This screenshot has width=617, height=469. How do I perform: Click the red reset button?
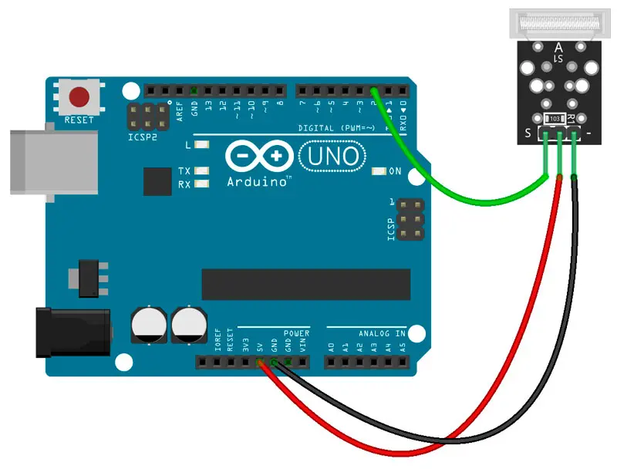[79, 98]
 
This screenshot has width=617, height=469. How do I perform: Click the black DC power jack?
[73, 332]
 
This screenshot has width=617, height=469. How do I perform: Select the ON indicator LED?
[379, 171]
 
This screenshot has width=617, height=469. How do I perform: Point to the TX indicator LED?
[203, 171]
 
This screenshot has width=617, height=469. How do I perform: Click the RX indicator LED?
[203, 184]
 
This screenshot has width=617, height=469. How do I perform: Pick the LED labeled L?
[203, 145]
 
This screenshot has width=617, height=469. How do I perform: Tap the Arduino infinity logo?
[259, 157]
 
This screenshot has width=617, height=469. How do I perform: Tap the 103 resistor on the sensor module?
[554, 119]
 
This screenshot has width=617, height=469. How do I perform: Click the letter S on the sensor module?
[528, 134]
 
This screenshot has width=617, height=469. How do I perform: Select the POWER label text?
[295, 333]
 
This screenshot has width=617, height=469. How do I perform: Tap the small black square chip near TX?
[157, 181]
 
